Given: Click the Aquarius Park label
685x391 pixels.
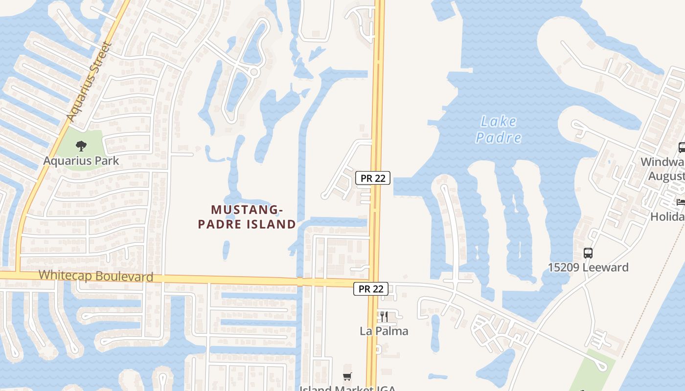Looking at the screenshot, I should (x=81, y=161).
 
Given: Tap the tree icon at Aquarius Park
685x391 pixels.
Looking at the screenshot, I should (x=81, y=145).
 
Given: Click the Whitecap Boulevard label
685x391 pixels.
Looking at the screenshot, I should (x=96, y=276).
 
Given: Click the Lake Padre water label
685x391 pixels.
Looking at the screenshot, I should (x=499, y=130).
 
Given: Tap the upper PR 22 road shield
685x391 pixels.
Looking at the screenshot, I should (x=373, y=178).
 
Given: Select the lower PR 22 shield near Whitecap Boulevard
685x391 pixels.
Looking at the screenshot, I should (x=371, y=289).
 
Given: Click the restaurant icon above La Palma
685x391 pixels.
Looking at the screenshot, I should (x=384, y=317).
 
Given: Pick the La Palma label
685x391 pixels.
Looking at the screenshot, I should (x=384, y=331).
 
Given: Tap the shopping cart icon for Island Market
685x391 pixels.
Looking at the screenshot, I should (x=347, y=376).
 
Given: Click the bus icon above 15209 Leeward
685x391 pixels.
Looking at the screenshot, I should (x=588, y=253).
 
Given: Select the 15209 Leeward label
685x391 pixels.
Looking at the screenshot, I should (x=588, y=268).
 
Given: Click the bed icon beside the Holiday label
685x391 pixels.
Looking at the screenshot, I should (x=681, y=202).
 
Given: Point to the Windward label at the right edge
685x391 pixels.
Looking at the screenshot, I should (x=662, y=162).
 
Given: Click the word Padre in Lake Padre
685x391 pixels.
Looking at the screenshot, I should (x=499, y=138).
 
